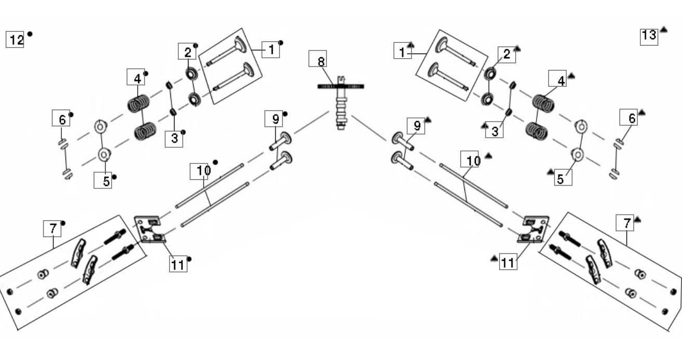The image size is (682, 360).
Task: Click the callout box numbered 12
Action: click(x=15, y=39)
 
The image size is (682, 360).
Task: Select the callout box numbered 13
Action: click(x=649, y=37)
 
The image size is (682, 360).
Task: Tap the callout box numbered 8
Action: click(x=317, y=59)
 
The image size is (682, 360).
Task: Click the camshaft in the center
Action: click(x=341, y=103)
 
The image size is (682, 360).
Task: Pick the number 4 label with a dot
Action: click(x=136, y=77)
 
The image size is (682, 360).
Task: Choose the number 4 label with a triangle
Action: click(x=557, y=78)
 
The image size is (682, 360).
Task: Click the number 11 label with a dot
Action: click(x=178, y=264)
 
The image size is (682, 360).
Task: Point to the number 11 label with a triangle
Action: click(x=508, y=262)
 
